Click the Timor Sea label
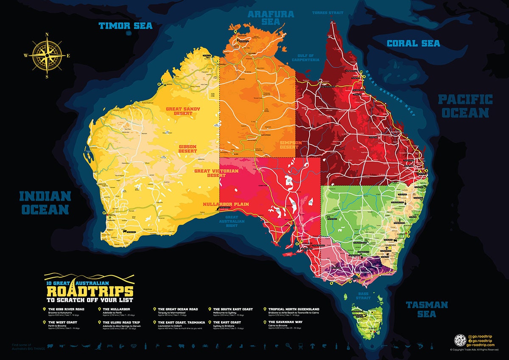click(125, 26)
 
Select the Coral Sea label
click(413, 43)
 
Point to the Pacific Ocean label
click(465, 106)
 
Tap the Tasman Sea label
click(427, 309)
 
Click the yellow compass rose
click(47, 56)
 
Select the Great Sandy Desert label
click(183, 112)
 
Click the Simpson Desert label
click(291, 146)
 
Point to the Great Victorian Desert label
click(216, 173)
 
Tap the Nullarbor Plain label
click(226, 204)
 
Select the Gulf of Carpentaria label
click(305, 58)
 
